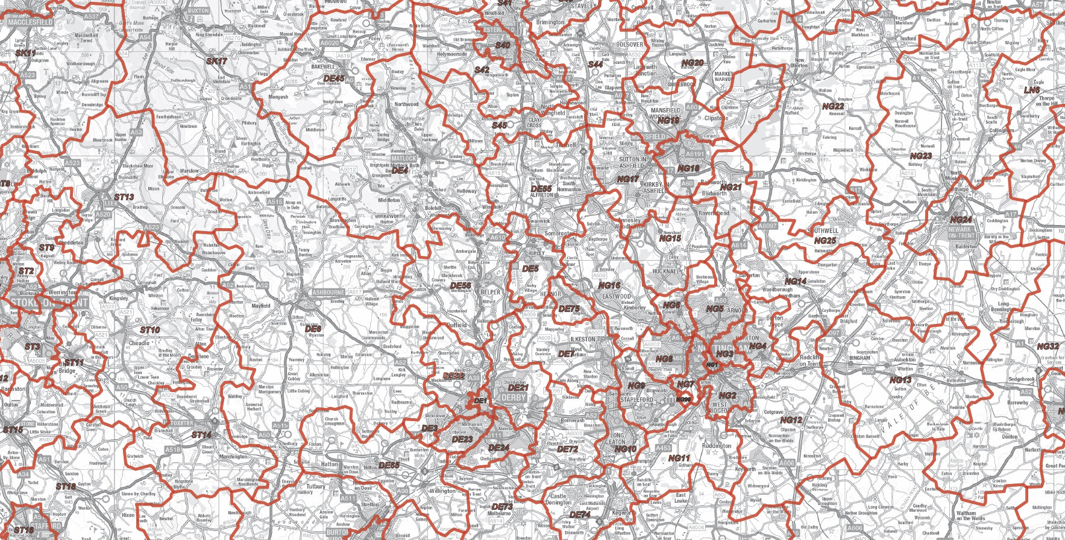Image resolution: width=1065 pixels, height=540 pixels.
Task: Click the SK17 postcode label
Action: point(216,62)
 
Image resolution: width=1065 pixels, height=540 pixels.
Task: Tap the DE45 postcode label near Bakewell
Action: point(334,78)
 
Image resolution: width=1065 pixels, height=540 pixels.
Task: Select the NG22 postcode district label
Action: point(833,106)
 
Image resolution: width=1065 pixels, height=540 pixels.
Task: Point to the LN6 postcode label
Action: point(1032,91)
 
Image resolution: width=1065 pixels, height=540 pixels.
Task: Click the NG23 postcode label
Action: point(920,156)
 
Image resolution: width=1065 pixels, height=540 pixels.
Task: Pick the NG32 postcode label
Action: point(1048,347)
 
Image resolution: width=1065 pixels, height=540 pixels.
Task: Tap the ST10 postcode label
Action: point(150,330)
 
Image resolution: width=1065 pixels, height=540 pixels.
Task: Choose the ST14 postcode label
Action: point(201,434)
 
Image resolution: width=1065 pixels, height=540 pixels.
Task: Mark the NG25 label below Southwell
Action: point(825,241)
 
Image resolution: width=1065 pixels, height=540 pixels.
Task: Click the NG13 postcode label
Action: point(900,380)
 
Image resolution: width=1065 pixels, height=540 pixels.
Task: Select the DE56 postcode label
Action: point(460,285)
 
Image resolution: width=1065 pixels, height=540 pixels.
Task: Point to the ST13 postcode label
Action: point(124,197)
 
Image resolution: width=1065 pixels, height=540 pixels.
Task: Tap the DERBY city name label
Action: point(514,398)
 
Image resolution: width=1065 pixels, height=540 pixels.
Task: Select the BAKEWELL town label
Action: point(323,67)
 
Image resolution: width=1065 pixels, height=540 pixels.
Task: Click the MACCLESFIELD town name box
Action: point(30,22)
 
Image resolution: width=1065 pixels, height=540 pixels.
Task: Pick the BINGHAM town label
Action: point(860,358)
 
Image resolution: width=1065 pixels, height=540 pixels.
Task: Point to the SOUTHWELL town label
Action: point(823,231)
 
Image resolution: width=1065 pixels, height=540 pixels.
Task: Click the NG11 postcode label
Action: point(679,459)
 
